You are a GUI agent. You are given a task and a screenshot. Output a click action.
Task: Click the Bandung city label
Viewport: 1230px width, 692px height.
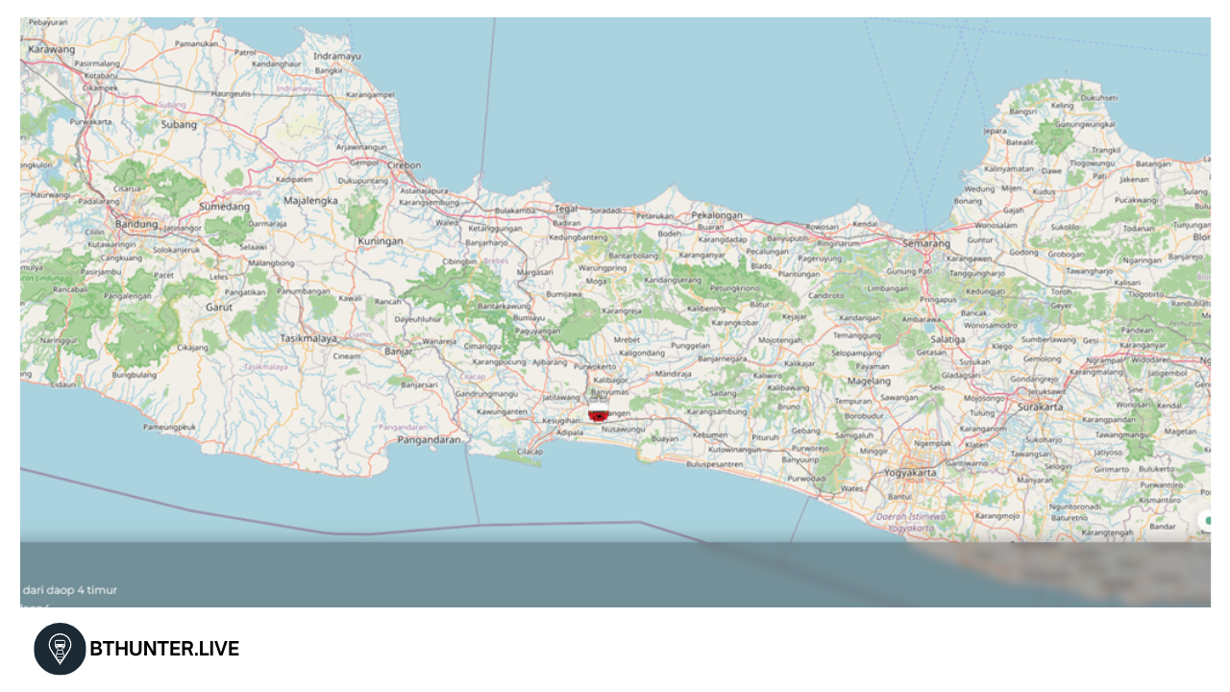click(135, 224)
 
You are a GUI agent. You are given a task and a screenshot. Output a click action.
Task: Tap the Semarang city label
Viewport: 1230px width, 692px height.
click(926, 243)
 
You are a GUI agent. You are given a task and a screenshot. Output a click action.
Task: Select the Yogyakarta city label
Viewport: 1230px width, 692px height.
click(910, 473)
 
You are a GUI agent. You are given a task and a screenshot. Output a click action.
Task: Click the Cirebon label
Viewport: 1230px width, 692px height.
click(404, 165)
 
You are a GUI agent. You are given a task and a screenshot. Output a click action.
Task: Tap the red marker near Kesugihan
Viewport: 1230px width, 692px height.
click(598, 415)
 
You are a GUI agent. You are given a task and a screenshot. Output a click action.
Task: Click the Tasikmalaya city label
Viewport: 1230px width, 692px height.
click(308, 338)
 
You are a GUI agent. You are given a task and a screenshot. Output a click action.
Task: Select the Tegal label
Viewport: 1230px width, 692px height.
click(567, 208)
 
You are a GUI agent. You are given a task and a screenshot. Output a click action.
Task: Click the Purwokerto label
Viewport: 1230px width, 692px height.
click(595, 366)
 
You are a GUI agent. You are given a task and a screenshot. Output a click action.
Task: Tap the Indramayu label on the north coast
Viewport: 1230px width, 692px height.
click(337, 56)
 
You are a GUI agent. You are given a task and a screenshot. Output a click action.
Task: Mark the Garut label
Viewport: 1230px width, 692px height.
click(219, 308)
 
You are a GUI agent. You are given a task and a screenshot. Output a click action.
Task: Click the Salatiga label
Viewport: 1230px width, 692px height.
click(947, 339)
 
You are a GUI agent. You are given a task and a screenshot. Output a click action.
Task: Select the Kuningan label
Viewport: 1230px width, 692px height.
click(381, 241)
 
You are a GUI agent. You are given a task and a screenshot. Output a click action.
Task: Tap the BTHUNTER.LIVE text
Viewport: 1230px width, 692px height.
click(164, 649)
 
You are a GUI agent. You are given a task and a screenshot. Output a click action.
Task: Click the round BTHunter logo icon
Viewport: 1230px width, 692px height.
click(60, 649)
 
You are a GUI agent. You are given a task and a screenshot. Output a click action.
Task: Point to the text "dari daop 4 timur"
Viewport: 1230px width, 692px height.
click(69, 589)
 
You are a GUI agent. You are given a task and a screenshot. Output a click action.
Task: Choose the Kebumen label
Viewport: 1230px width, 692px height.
click(710, 434)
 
